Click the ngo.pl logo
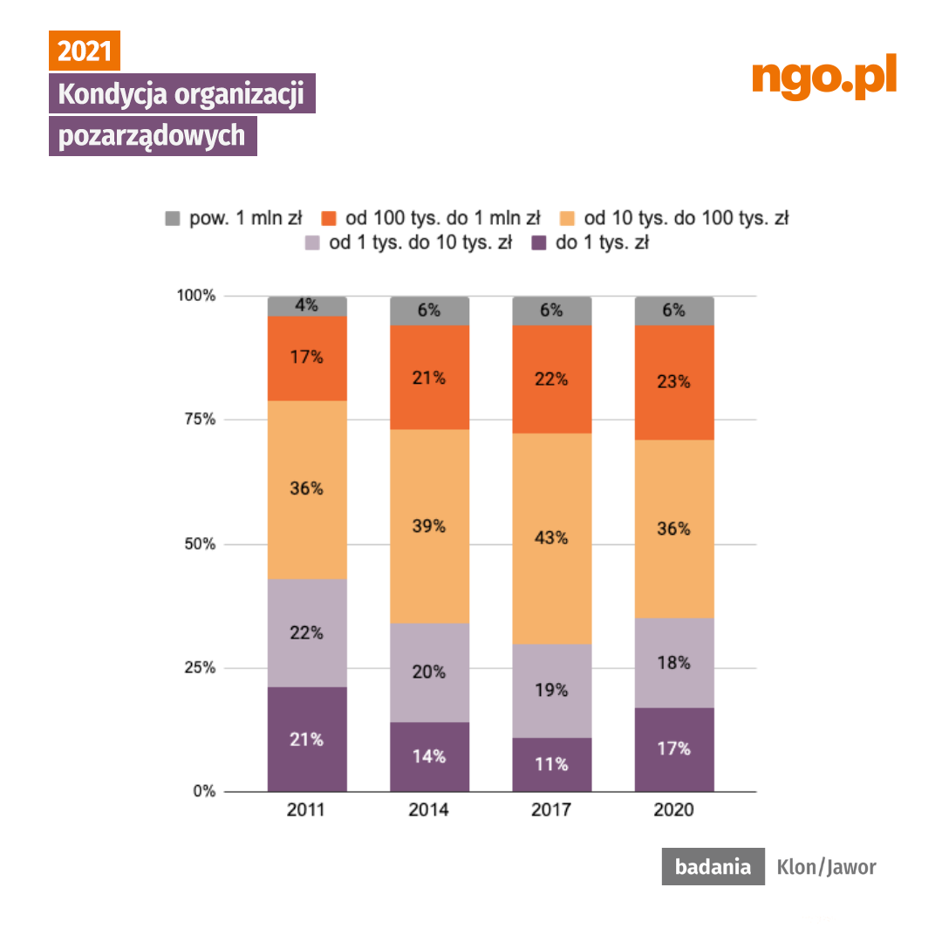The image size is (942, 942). coord(823,78)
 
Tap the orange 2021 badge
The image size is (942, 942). coord(84,51)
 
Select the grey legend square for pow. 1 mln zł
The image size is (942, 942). coord(173,218)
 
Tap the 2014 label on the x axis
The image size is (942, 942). coord(428,810)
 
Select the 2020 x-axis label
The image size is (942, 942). coord(673,810)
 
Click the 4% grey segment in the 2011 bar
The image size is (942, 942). coord(307,306)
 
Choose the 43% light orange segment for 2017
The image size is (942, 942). coord(551,538)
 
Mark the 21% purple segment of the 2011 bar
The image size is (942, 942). coord(307,739)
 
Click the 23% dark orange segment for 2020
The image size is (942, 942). coord(673,382)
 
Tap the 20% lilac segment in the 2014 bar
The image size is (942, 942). coord(428,672)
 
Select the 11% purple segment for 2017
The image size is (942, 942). coord(551,764)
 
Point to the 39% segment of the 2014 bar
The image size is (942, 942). coord(428,526)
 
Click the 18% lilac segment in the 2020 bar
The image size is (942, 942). coord(673,663)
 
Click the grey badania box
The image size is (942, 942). coord(713,867)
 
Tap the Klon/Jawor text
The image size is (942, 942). coord(826,867)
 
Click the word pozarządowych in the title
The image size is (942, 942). coord(152,137)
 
